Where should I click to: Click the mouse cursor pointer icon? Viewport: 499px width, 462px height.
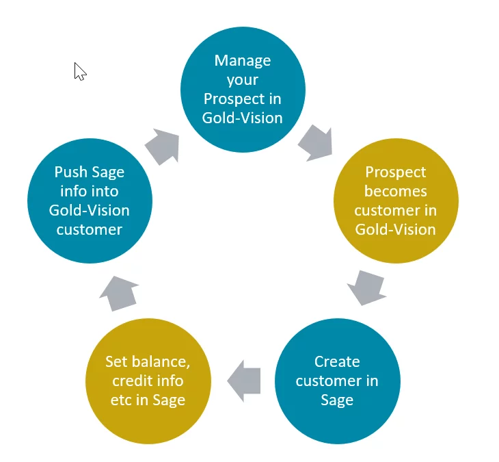79,71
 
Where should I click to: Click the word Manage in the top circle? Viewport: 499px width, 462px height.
243,60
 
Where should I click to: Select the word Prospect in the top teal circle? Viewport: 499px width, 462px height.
234,99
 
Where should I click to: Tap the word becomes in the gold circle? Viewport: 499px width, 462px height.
396,191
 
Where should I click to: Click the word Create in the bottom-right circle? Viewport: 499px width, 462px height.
337,361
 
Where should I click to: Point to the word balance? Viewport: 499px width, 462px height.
161,362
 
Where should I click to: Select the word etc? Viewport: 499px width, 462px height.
121,400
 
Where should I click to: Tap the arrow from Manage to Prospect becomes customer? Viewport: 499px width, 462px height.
316,143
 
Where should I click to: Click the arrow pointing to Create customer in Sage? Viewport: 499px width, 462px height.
366,287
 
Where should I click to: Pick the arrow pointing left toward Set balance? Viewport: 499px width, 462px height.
244,381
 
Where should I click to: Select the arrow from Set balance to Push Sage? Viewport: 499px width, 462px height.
120,294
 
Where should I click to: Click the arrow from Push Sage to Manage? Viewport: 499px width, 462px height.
163,146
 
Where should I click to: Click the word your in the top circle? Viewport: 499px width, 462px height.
243,80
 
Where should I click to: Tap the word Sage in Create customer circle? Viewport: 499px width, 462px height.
337,400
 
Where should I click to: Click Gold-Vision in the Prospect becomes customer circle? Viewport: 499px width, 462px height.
396,229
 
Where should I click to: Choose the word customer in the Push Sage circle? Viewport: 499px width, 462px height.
90,230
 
